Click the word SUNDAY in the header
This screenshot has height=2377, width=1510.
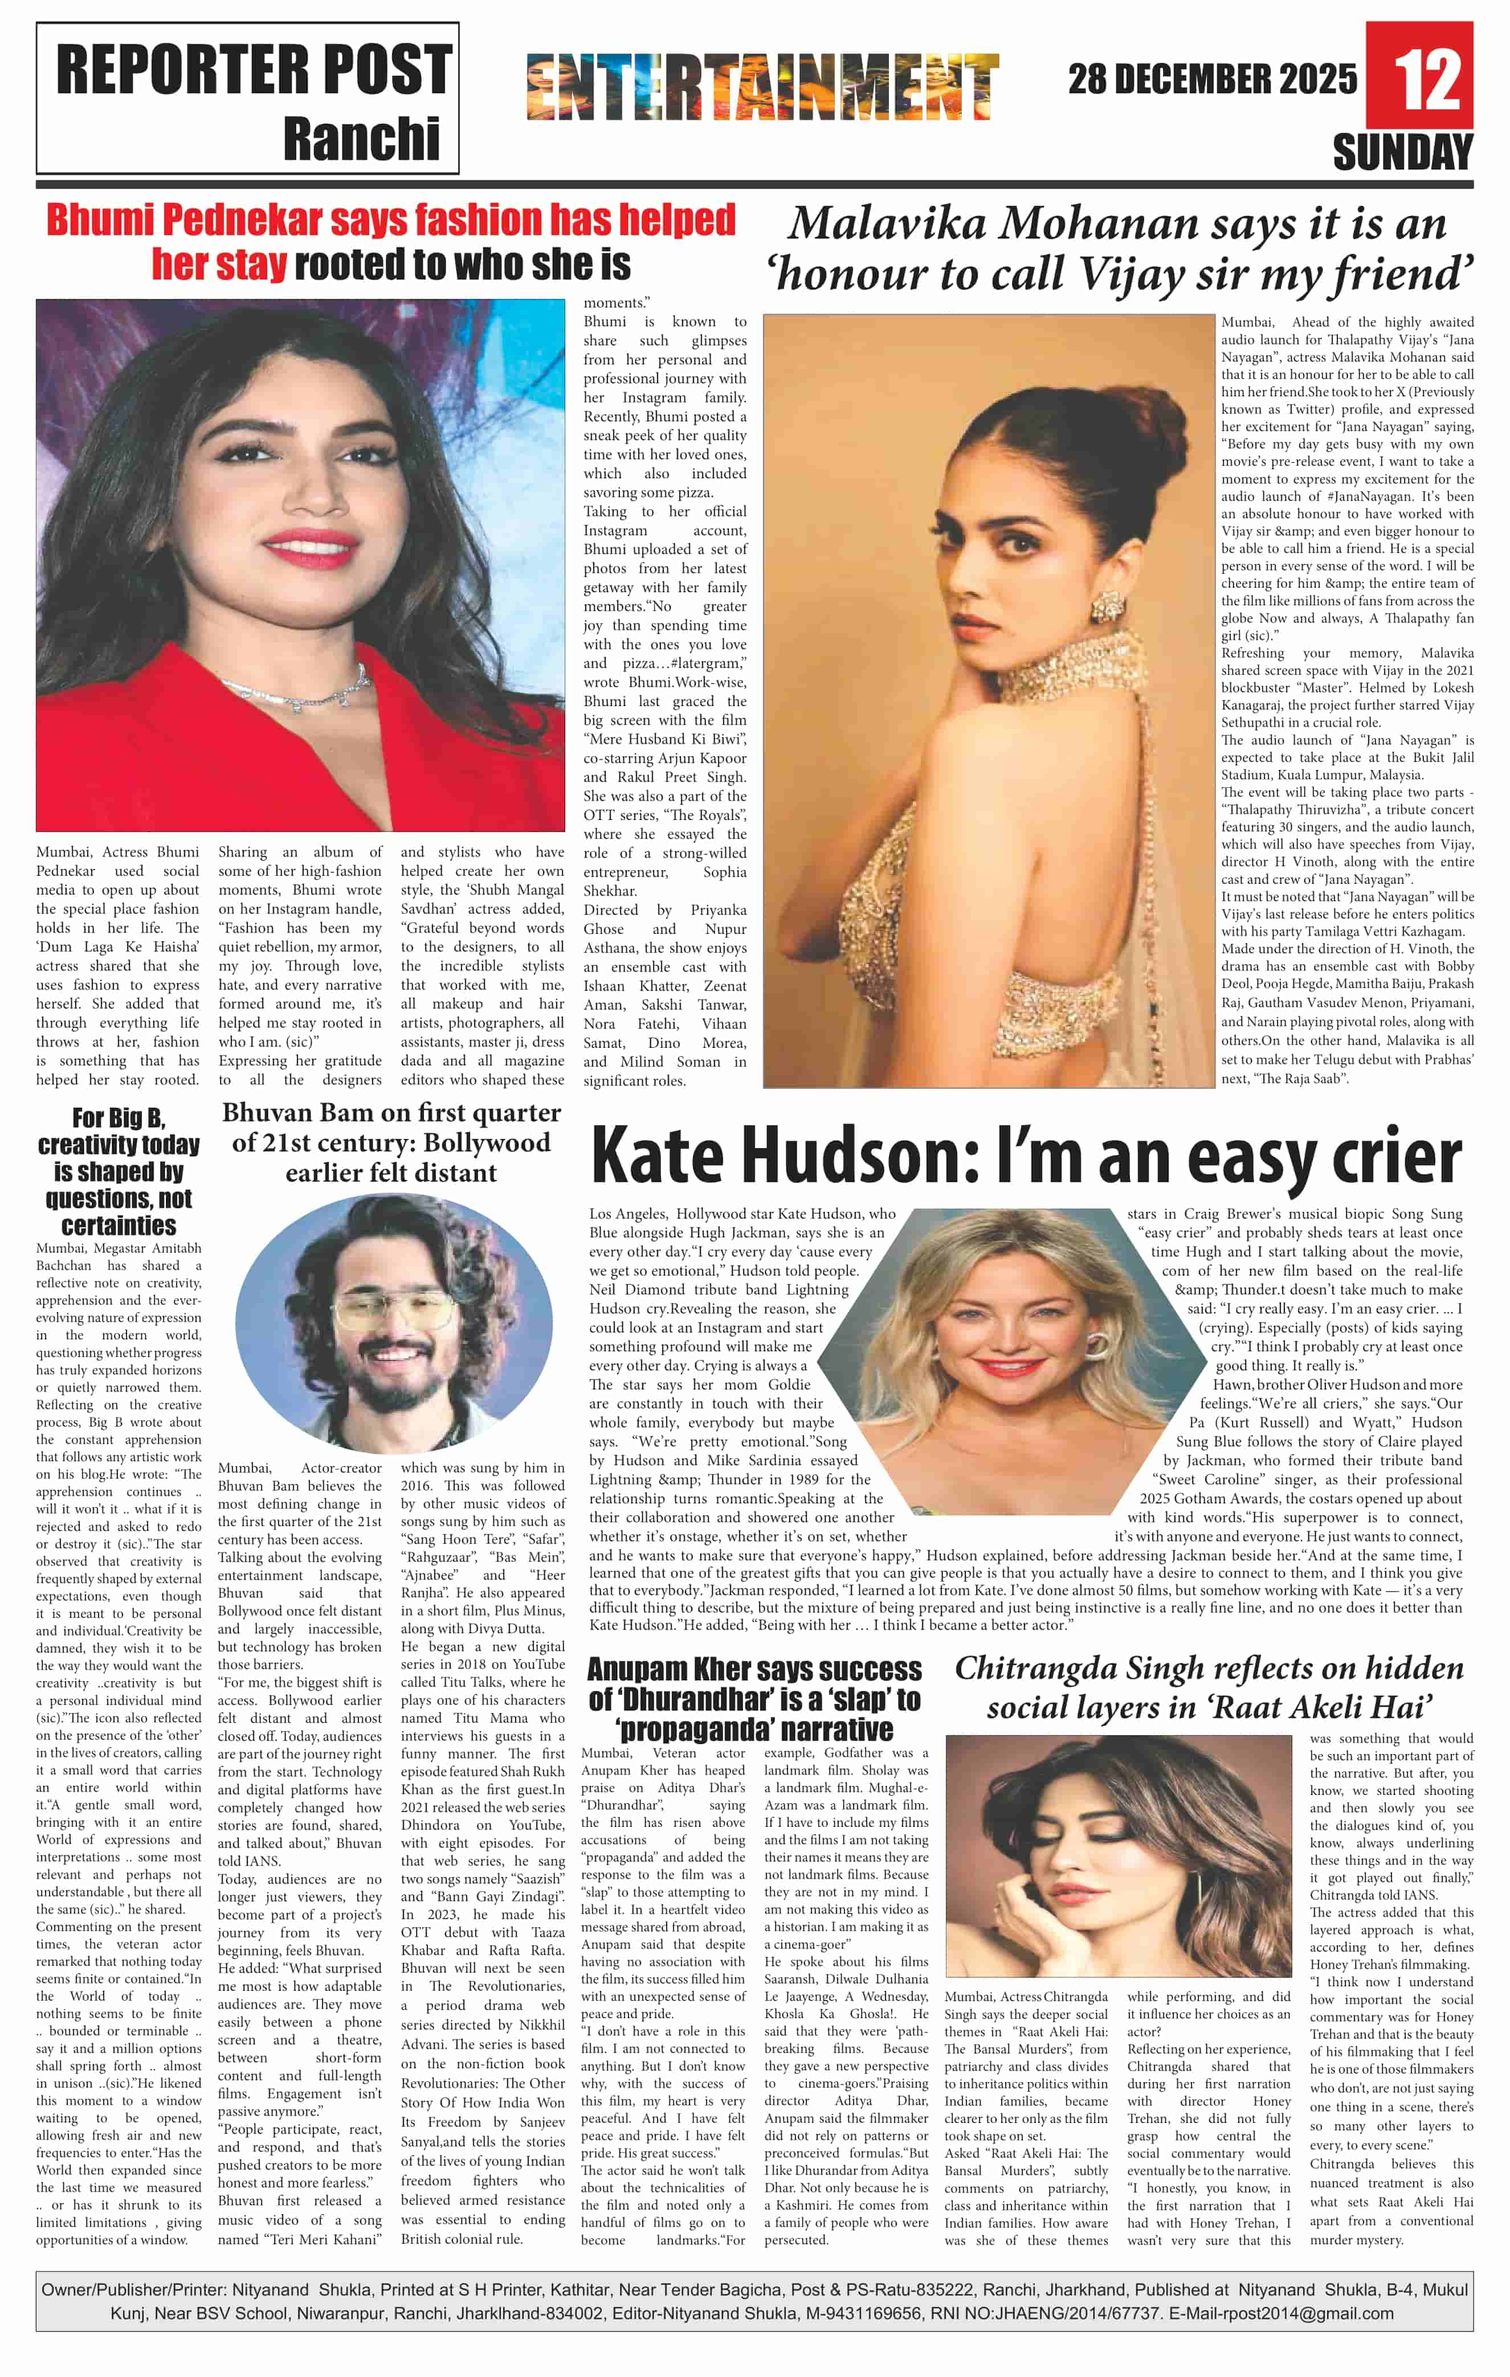click(x=1402, y=153)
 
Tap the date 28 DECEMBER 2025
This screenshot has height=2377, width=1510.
click(x=1213, y=79)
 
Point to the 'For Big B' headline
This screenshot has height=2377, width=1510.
click(x=119, y=1172)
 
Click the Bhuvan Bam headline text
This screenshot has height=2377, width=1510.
click(x=391, y=1142)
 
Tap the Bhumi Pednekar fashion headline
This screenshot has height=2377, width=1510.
click(x=391, y=242)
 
